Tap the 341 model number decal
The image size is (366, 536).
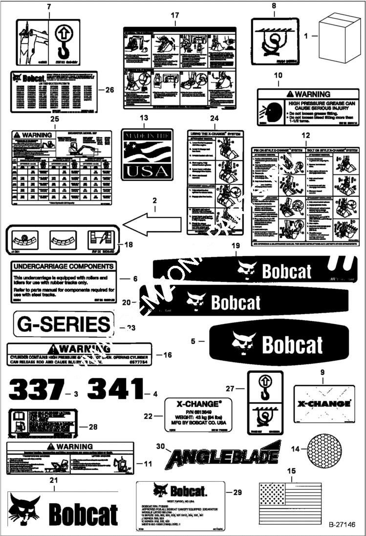tap(115, 389)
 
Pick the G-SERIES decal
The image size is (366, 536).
tap(63, 325)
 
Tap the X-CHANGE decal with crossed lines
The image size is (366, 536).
tap(322, 404)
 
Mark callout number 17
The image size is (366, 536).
tap(174, 16)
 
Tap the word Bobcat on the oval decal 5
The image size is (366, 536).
tap(292, 344)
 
